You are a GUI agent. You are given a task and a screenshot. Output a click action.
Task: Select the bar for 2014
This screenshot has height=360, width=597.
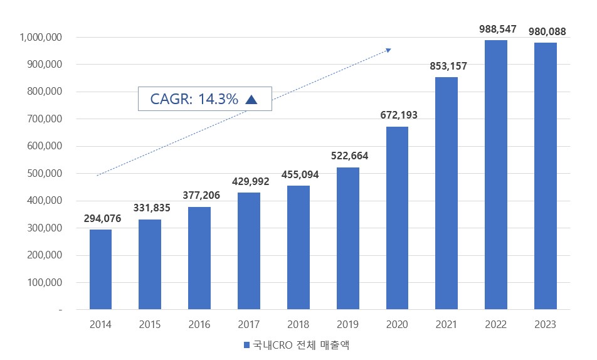[x=100, y=269]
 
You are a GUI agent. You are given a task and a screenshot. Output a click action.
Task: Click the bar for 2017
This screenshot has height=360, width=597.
[x=249, y=251]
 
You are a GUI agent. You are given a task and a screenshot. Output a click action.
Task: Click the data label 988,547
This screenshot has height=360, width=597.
[x=495, y=29]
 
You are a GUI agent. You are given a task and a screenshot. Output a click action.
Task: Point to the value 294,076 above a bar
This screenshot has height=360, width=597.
[x=102, y=218]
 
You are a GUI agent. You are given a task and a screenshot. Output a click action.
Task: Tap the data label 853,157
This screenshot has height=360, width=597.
[x=448, y=66]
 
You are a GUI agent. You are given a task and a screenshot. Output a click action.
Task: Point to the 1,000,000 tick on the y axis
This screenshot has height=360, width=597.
[x=41, y=38]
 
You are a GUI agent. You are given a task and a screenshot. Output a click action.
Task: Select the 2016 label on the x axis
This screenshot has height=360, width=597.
[x=199, y=324]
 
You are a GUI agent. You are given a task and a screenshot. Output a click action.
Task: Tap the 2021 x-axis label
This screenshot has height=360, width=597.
[x=446, y=324]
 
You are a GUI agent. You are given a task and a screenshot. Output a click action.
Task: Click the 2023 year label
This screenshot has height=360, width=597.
[x=545, y=324]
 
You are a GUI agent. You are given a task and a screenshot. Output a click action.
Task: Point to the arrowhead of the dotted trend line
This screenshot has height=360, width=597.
[x=389, y=50]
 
